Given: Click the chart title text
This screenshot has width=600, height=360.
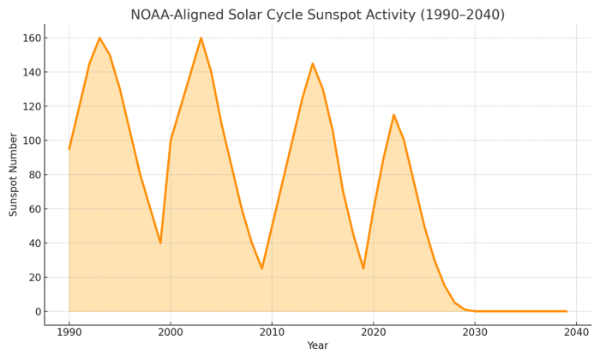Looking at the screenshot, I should (329, 15).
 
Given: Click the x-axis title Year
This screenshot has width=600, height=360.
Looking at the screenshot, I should (317, 345).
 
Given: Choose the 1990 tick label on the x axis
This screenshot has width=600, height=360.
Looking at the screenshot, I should (69, 331).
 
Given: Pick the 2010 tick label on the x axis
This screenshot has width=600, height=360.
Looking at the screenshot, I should (272, 331).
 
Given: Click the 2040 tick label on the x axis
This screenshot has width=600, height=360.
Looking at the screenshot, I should (576, 331).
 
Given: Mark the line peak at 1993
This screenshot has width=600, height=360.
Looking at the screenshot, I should (99, 38).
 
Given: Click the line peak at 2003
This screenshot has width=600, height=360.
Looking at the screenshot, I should (201, 38).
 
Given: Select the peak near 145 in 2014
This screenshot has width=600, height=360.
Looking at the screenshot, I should (312, 63).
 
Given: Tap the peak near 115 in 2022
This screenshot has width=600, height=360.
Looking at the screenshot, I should (393, 115).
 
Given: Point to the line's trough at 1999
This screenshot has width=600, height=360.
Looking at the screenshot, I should (160, 243).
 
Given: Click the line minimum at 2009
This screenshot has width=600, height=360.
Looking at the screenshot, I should (261, 268).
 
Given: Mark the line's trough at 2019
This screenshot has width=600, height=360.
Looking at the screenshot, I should (363, 268).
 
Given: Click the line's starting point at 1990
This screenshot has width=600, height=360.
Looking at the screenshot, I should (69, 149).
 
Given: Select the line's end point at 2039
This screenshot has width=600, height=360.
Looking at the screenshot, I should (566, 311).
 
